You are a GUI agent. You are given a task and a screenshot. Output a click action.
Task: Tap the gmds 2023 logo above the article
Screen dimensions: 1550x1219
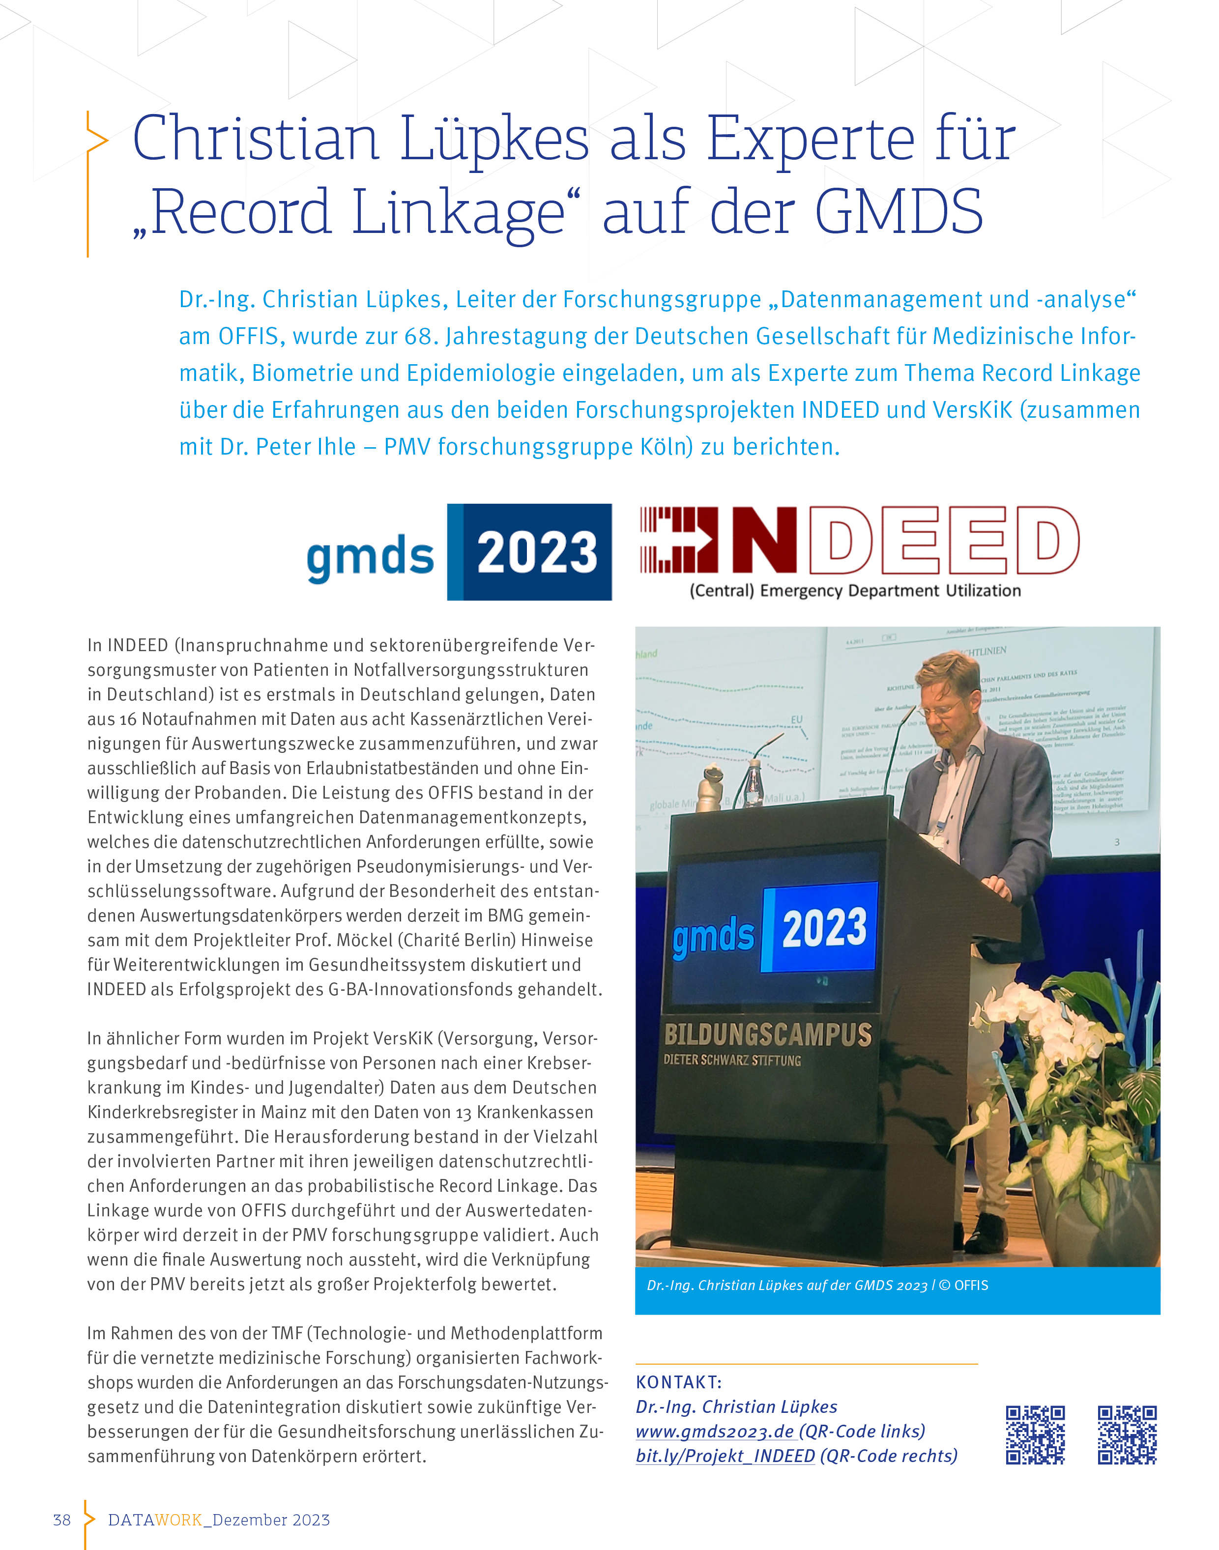pyautogui.click(x=459, y=552)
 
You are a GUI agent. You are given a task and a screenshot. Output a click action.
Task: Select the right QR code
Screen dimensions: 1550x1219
pyautogui.click(x=1127, y=1435)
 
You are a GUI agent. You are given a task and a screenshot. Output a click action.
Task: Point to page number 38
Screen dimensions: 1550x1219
pyautogui.click(x=62, y=1520)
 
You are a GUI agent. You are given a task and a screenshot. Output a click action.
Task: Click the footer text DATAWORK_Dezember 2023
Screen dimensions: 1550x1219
pyautogui.click(x=218, y=1520)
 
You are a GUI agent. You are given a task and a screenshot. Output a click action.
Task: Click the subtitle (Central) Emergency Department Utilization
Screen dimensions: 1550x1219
pyautogui.click(x=854, y=590)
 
